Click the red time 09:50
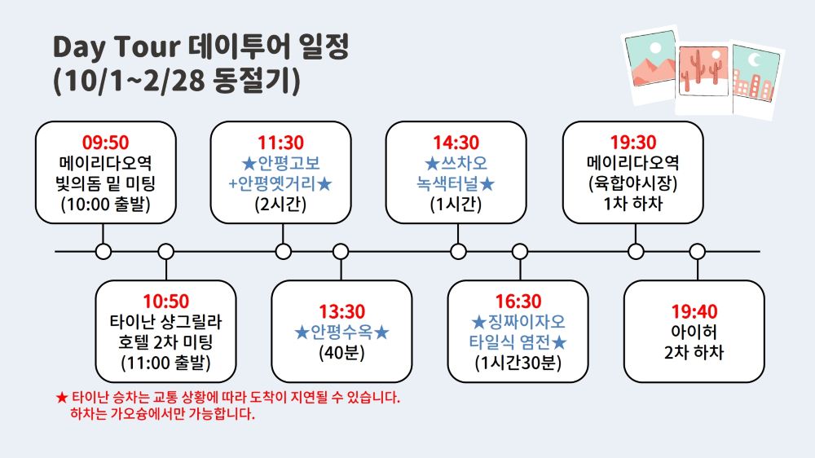pos(105,143)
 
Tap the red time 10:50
pos(166,301)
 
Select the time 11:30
pos(280,143)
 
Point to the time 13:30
pos(342,311)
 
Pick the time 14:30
pos(456,143)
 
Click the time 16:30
pos(518,301)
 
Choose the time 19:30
pos(633,142)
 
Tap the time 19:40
pos(694,311)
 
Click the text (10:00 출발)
pos(105,204)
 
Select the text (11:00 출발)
pos(165,363)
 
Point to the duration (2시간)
pos(280,204)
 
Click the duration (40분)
pos(342,353)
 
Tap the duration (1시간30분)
pos(518,363)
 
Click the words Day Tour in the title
pos(117,47)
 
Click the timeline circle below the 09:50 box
pos(104,252)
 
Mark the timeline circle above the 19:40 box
pos(698,252)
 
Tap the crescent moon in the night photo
pos(754,60)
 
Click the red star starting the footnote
pos(62,398)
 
